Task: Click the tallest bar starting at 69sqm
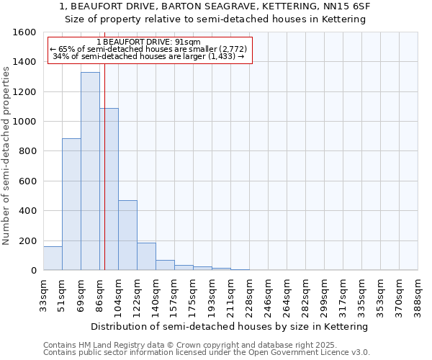90,171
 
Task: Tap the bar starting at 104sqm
127,235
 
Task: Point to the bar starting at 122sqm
146,256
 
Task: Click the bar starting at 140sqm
165,265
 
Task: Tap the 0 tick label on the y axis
34,271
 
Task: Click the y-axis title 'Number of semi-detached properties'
6,153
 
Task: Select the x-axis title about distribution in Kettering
230,326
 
